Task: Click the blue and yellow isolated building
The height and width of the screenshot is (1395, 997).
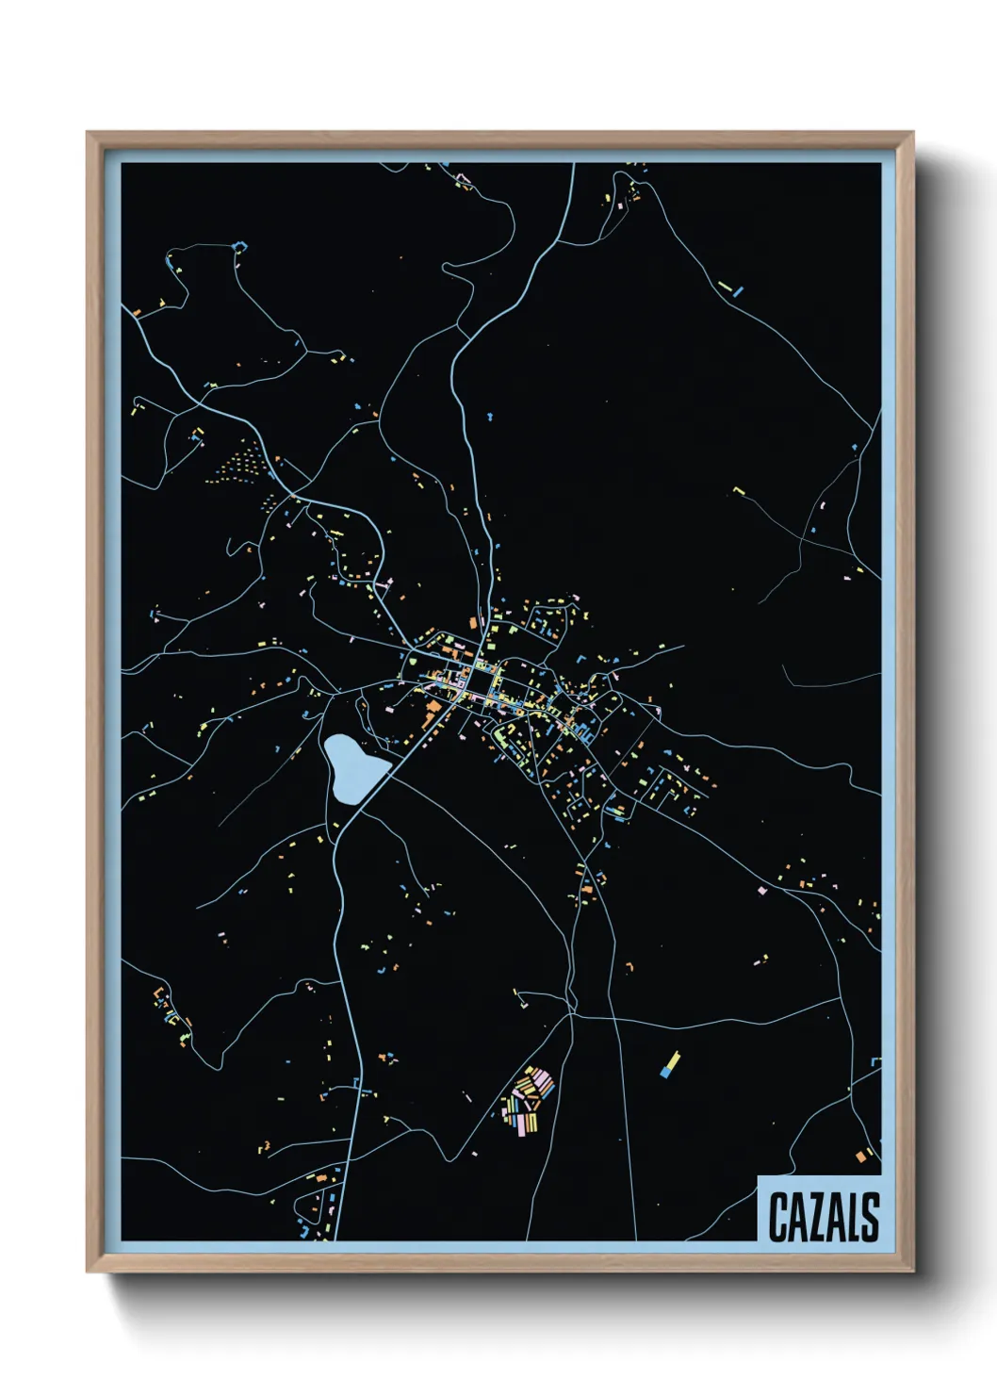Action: pyautogui.click(x=670, y=1065)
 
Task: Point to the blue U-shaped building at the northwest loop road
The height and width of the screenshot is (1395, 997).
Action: pyautogui.click(x=240, y=247)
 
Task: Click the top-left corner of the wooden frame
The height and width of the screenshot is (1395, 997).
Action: pyautogui.click(x=88, y=133)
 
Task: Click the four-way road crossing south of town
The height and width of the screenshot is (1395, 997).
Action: pyautogui.click(x=572, y=1014)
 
